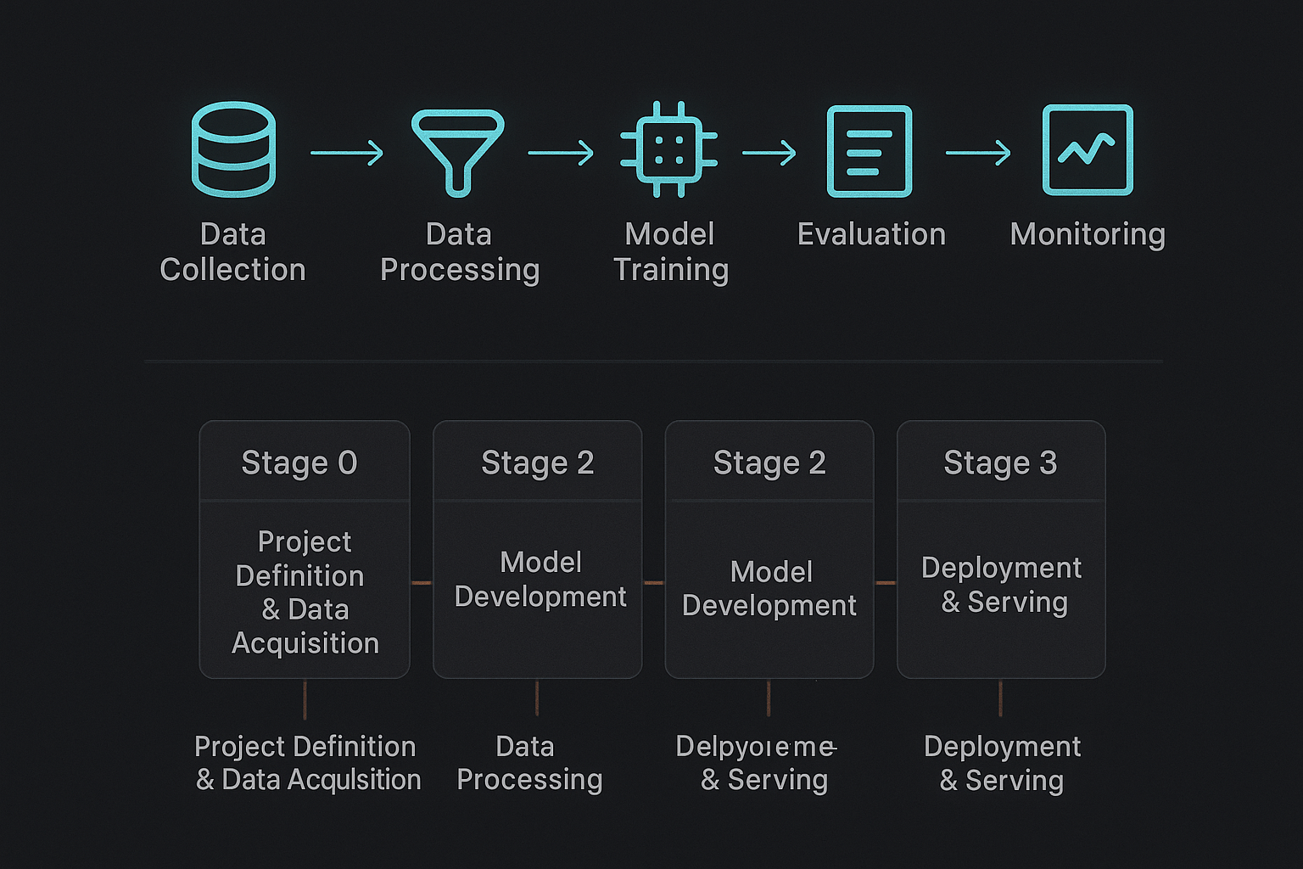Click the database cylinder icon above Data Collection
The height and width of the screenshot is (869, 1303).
pyautogui.click(x=233, y=149)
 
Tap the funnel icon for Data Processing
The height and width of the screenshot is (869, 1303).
pyautogui.click(x=458, y=151)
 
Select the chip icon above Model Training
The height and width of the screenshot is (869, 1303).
pyautogui.click(x=669, y=149)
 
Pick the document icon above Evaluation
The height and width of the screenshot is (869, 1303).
pyautogui.click(x=870, y=151)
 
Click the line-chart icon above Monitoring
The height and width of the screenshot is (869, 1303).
pyautogui.click(x=1088, y=150)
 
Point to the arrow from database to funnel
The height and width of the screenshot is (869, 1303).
pyautogui.click(x=347, y=153)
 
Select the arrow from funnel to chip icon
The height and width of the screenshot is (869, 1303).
pyautogui.click(x=561, y=153)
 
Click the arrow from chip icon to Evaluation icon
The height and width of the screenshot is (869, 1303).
pyautogui.click(x=769, y=153)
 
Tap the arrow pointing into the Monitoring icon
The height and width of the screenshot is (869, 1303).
pyautogui.click(x=978, y=153)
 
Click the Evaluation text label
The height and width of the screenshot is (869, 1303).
pyautogui.click(x=871, y=234)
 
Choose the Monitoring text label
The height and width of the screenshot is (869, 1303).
pyautogui.click(x=1088, y=234)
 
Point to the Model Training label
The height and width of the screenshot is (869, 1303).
pyautogui.click(x=670, y=252)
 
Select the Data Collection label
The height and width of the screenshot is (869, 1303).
pyautogui.click(x=232, y=252)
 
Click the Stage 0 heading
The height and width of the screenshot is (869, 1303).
pyautogui.click(x=299, y=463)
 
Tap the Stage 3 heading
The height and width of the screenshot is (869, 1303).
pyautogui.click(x=1000, y=463)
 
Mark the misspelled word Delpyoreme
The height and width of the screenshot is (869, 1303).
pyautogui.click(x=755, y=747)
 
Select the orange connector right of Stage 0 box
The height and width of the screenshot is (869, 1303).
pyautogui.click(x=422, y=583)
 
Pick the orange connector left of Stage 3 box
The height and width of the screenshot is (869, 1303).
pyautogui.click(x=886, y=583)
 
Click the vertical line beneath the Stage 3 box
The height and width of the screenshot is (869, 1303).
pyautogui.click(x=1001, y=698)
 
